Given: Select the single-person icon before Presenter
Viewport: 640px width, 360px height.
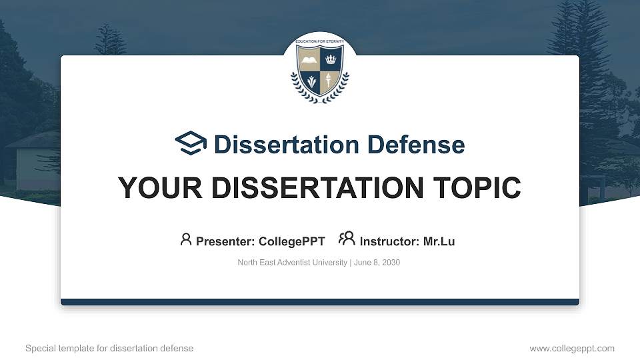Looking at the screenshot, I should tap(186, 239).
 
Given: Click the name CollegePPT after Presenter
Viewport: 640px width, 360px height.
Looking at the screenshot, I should tap(292, 241).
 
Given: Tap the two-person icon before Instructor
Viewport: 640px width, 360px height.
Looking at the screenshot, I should tap(347, 239).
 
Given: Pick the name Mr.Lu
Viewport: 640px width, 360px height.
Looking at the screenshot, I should tap(439, 241).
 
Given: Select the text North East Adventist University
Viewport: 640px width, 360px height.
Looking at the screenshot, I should tap(292, 263).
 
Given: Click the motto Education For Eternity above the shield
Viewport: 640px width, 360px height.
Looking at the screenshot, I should tap(319, 42).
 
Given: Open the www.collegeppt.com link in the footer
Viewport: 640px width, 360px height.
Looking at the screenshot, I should tap(571, 348).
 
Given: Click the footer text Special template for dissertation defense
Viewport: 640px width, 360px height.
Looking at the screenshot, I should tap(109, 348).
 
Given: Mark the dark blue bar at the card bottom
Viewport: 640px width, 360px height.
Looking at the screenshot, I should tap(320, 302).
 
